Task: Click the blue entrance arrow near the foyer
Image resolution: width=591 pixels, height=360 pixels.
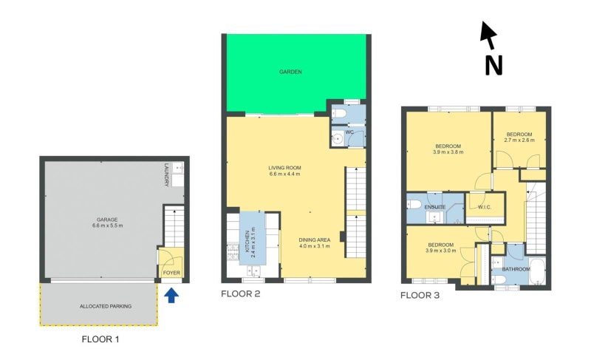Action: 171,296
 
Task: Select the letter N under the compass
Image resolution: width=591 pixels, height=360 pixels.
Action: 493,65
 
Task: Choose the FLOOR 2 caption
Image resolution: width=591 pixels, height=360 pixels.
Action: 241,293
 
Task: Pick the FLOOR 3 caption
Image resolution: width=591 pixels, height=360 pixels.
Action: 420,296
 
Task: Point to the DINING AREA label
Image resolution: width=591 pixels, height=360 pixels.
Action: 314,240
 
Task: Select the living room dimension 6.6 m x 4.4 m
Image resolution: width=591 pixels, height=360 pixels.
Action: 284,176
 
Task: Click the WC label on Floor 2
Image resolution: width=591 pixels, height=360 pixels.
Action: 350,132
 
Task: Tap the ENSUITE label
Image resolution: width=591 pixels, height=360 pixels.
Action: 435,207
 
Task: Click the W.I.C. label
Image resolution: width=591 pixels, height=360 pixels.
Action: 484,207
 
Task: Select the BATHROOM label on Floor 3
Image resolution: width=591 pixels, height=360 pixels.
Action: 516,269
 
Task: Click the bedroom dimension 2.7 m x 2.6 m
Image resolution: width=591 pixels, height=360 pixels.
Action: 519,139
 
